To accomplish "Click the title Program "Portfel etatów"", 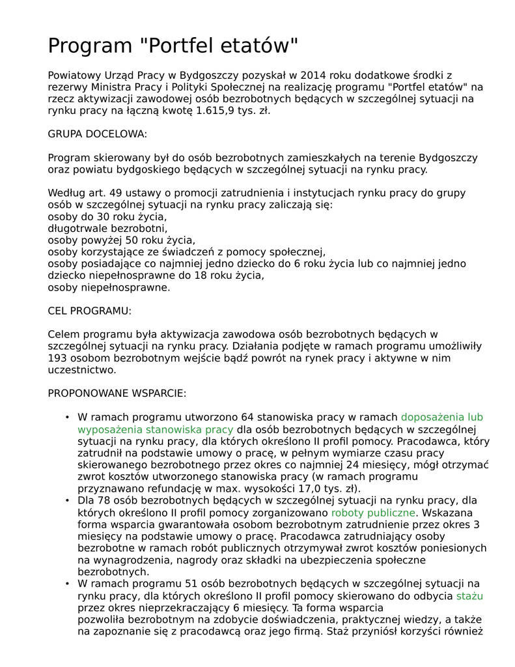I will pyautogui.click(x=173, y=46).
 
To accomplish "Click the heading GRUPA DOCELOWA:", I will pyautogui.click(x=98, y=134).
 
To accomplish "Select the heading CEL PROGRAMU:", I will pyautogui.click(x=90, y=311).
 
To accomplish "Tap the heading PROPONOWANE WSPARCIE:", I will pyautogui.click(x=117, y=393).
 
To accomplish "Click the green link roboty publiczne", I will pyautogui.click(x=373, y=513).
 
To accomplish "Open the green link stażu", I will pyautogui.click(x=469, y=596).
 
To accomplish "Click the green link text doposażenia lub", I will pyautogui.click(x=441, y=418).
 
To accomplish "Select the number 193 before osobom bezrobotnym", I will pyautogui.click(x=57, y=358).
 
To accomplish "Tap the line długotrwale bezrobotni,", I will pyautogui.click(x=107, y=229).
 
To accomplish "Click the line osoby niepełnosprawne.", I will pyautogui.click(x=109, y=287).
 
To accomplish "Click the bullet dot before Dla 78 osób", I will pyautogui.click(x=67, y=501).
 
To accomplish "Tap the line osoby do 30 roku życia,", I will pyautogui.click(x=107, y=217).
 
